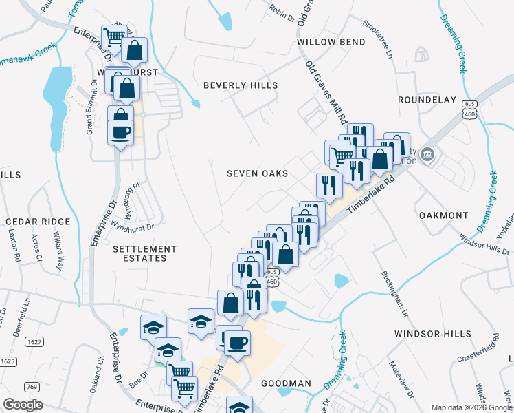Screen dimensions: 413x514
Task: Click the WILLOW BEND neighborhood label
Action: click(x=331, y=42)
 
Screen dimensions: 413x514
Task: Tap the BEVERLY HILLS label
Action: click(x=241, y=85)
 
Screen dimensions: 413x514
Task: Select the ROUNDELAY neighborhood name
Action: click(x=427, y=100)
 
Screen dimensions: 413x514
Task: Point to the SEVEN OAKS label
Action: click(x=257, y=174)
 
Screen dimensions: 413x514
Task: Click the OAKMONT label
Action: click(x=444, y=215)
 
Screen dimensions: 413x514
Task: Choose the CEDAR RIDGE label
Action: click(x=38, y=222)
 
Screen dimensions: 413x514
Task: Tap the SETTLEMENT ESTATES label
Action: click(x=139, y=253)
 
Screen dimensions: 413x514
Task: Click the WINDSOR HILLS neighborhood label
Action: click(x=433, y=334)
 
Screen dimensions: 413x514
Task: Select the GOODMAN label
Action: click(x=286, y=383)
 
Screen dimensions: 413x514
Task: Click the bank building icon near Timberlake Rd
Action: click(x=427, y=153)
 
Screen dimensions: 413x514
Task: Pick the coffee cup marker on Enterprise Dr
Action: click(x=121, y=131)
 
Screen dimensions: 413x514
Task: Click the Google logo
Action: click(x=23, y=405)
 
